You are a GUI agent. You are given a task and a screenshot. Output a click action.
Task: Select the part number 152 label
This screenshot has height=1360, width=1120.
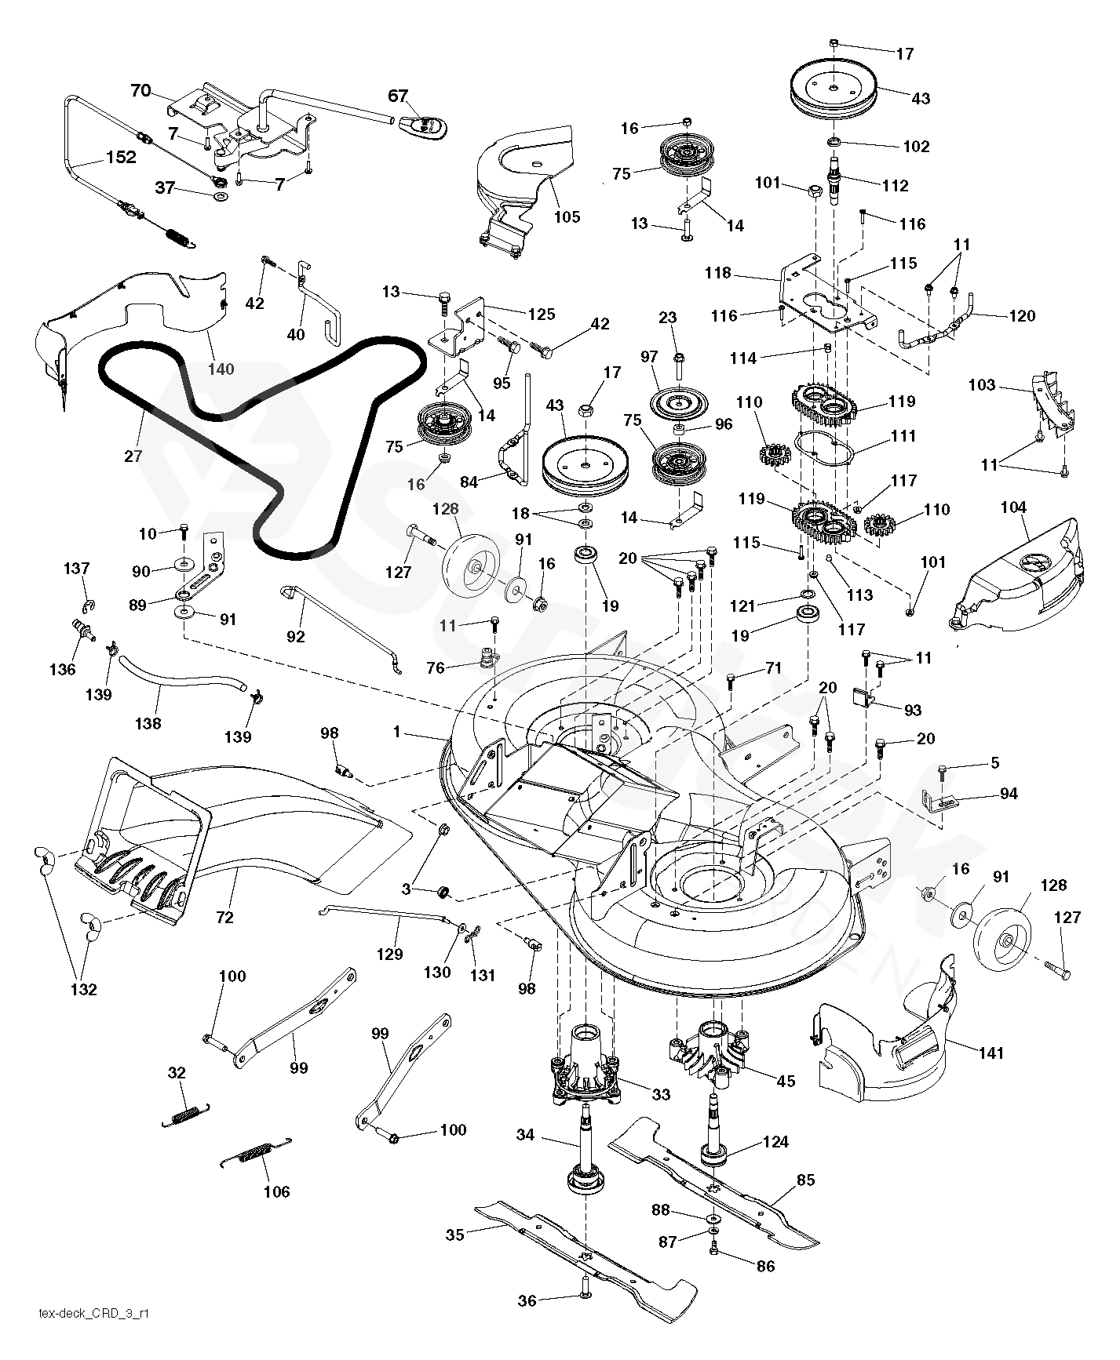tap(120, 157)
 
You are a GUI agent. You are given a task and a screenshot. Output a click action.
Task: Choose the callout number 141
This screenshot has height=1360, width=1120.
tap(992, 1053)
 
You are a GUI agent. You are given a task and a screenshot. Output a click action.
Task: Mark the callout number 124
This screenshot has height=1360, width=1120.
tap(775, 1143)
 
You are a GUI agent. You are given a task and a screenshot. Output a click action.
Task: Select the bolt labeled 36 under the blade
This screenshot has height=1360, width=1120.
tap(586, 1299)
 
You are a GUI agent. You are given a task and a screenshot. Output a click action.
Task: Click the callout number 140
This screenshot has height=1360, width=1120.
tap(221, 369)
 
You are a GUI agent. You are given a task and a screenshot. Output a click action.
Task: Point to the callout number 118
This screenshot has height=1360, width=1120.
tap(717, 273)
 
